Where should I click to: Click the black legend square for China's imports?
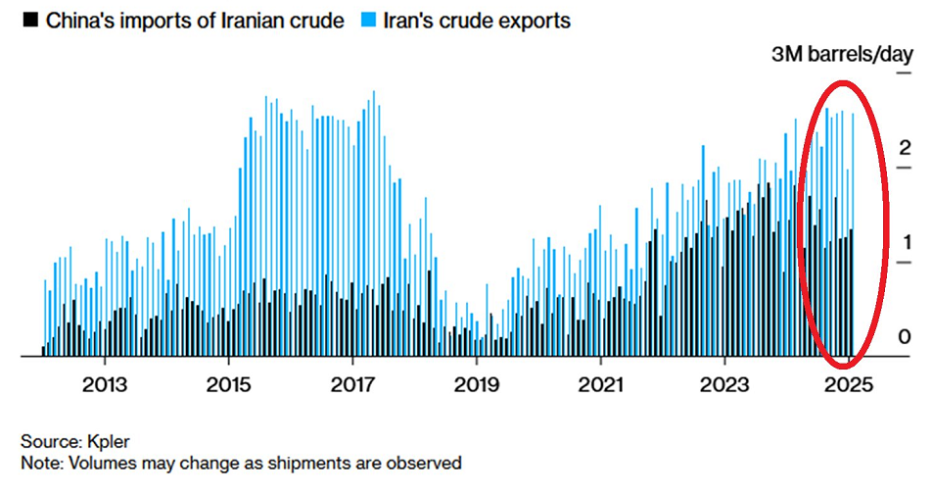click(32, 20)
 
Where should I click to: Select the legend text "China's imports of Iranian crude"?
click(196, 20)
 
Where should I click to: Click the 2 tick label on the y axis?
click(905, 149)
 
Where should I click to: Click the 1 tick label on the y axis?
click(905, 242)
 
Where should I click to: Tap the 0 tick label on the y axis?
click(905, 336)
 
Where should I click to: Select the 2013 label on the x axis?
click(105, 384)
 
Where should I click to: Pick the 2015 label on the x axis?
click(228, 384)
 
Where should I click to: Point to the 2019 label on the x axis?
click(476, 384)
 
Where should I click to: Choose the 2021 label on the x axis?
click(600, 384)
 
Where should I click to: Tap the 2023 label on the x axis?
click(723, 384)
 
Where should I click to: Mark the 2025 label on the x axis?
click(847, 384)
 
